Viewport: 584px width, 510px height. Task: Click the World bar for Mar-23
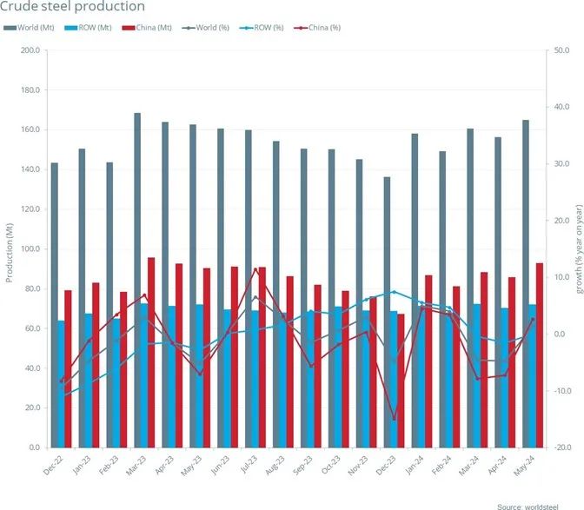pyautogui.click(x=137, y=280)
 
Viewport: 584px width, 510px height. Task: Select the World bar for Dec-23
pyautogui.click(x=387, y=312)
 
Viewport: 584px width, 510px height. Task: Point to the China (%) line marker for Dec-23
pyautogui.click(x=394, y=419)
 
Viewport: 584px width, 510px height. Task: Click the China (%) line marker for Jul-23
pyautogui.click(x=255, y=269)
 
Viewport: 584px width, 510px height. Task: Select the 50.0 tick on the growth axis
pyautogui.click(x=562, y=50)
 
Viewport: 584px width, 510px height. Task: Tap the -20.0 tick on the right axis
pyautogui.click(x=562, y=447)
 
